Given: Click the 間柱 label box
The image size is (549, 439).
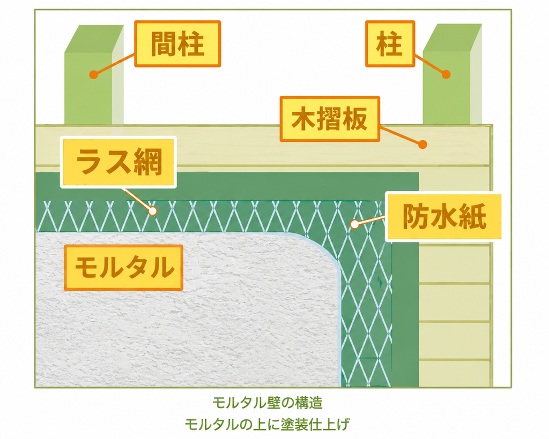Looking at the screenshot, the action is point(177,44).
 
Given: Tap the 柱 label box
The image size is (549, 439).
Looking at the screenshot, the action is point(390,44).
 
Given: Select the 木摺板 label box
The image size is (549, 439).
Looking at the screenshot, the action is point(330,119).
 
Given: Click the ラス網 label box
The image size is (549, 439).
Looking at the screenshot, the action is point(118,162).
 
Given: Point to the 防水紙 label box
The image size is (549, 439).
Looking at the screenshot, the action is point(443,217).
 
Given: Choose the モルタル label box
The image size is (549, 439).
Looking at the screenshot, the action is point(124,268).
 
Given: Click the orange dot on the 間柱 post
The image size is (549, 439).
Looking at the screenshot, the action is point(93,74).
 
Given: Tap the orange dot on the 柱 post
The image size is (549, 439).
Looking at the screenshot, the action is point(446,74).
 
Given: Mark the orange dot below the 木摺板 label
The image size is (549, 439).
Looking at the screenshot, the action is point(422,145).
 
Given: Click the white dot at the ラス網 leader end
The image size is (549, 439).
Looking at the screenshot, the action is point(152,211).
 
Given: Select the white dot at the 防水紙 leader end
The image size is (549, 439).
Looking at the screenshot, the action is point(355,224).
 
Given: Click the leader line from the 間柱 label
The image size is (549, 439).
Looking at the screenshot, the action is point(115,64).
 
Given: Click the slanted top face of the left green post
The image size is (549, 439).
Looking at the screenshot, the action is point(94,39).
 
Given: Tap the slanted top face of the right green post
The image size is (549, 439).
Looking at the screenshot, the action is point(452,38).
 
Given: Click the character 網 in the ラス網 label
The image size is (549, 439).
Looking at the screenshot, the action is point(149,162).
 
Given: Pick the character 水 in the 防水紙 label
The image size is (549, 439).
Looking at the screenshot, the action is point(443,217).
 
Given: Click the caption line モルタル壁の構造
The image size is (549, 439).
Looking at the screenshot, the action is point(268,403).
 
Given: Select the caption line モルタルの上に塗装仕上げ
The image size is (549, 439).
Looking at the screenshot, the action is point(267,425).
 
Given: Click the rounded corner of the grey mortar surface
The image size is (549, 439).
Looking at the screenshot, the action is point(328,251).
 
